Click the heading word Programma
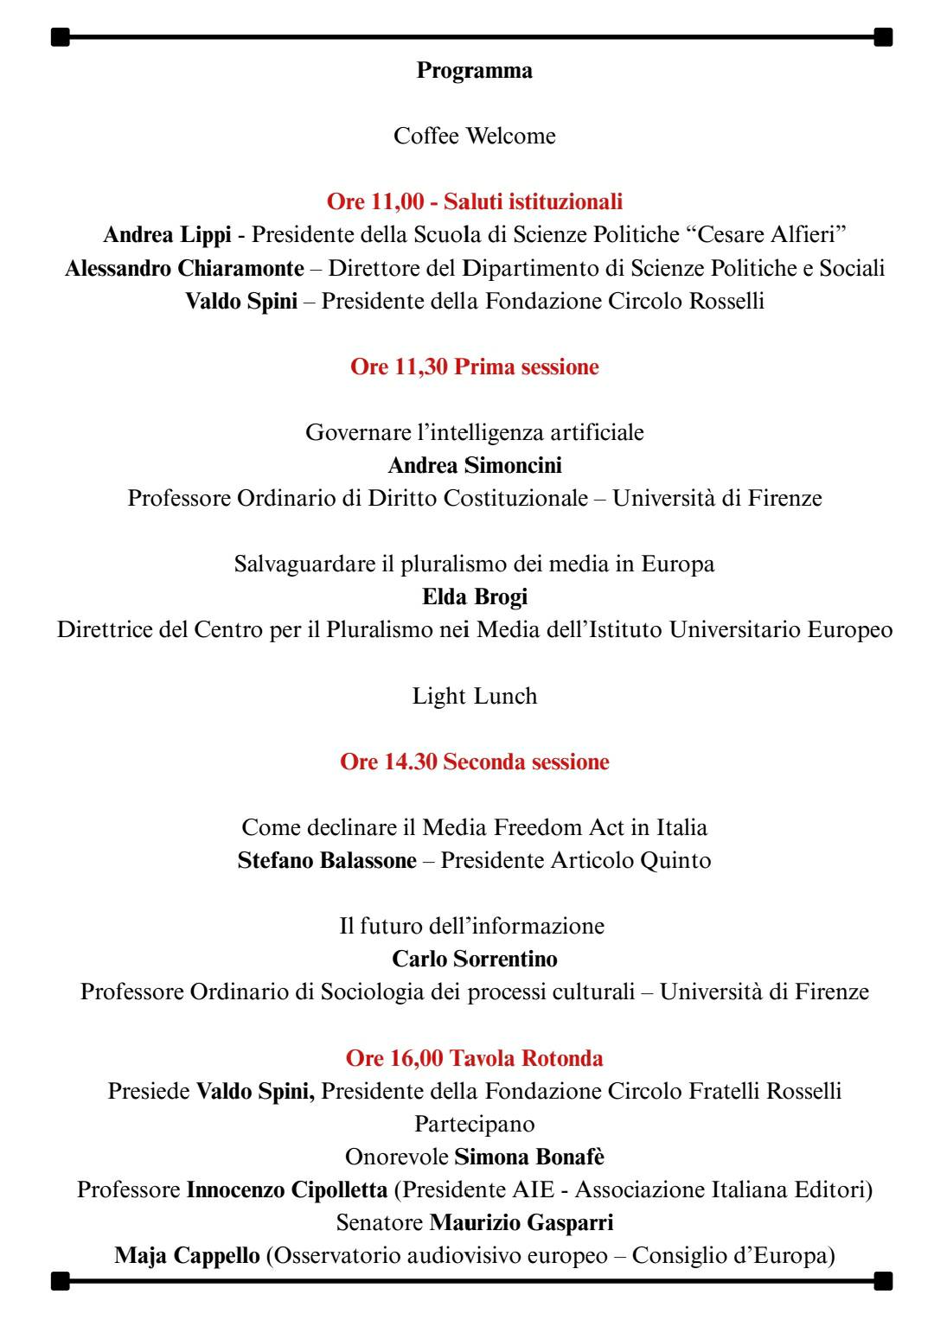tap(474, 71)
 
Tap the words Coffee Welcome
tap(474, 137)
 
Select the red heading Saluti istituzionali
tap(533, 202)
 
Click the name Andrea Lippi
tap(167, 235)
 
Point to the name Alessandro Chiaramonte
tap(184, 268)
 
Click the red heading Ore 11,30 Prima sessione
tap(474, 367)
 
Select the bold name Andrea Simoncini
tap(474, 466)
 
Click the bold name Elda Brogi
tap(474, 597)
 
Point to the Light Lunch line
tap(474, 697)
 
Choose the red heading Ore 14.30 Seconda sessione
tap(474, 762)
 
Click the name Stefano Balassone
tap(327, 861)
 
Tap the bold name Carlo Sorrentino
tap(474, 960)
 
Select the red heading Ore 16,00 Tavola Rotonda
tap(474, 1059)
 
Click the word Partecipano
tap(474, 1125)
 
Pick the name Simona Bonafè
tap(529, 1157)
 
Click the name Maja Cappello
tap(187, 1256)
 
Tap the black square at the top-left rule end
tap(60, 37)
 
